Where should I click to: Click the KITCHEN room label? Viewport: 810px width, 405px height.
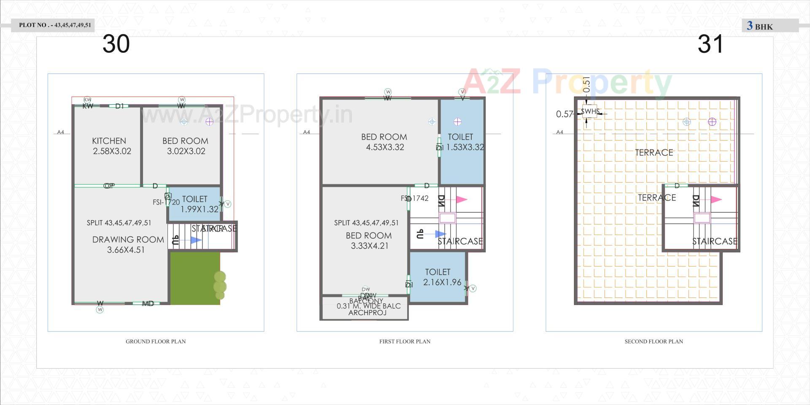(109, 141)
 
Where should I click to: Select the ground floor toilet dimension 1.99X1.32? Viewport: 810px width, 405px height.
(200, 209)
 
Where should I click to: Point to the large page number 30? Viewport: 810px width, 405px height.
(116, 44)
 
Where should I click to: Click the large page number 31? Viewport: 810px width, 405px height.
(710, 44)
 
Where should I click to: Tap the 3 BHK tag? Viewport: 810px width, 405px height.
(760, 26)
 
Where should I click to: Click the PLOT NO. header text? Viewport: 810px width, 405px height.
(55, 25)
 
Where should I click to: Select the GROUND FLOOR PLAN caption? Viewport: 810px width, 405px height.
(156, 341)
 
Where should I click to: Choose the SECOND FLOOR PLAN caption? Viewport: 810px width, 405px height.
(653, 341)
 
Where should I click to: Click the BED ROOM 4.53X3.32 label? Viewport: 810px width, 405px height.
(384, 142)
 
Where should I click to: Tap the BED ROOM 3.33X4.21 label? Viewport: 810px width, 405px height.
(369, 240)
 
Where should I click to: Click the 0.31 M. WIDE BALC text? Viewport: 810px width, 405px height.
(368, 306)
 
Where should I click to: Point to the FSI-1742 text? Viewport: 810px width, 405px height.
(416, 198)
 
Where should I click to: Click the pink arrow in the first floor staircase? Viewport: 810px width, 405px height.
(462, 200)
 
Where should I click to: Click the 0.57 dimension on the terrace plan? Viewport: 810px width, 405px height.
(564, 114)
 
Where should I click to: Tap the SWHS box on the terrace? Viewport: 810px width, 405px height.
(590, 111)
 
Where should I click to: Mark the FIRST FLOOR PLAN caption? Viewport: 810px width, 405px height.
(405, 341)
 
